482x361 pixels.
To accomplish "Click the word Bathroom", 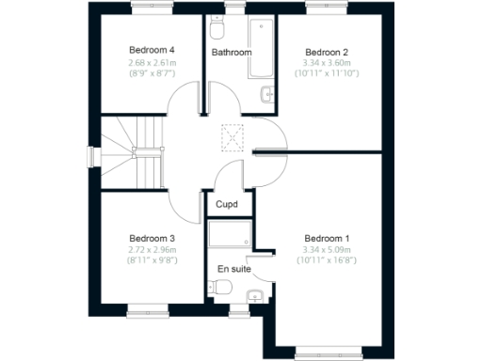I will click(231, 53).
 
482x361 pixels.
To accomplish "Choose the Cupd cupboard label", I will click(226, 204).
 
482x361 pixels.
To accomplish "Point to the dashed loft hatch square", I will click(232, 137).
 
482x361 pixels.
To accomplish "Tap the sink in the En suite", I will click(252, 300).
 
